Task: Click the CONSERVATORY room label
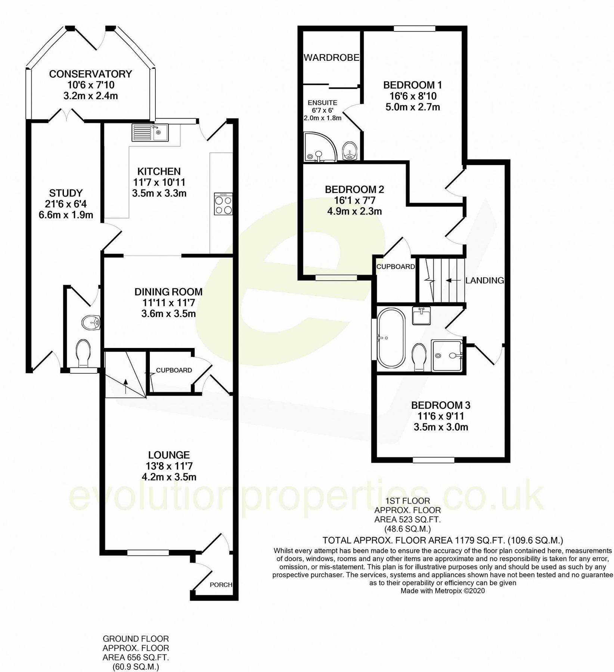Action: point(90,74)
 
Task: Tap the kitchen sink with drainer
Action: point(151,133)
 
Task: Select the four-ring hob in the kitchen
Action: point(223,204)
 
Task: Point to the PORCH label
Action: point(221,585)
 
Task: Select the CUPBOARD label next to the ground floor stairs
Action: point(174,370)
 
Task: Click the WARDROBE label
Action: point(331,57)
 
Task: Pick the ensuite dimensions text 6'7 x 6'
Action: point(322,110)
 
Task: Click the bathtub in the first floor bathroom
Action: point(391,338)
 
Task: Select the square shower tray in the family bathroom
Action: point(447,355)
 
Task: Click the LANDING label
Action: point(484,280)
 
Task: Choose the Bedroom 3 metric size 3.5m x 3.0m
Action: point(441,427)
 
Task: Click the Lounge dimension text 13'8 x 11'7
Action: point(169,466)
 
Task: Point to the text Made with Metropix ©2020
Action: point(443,591)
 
